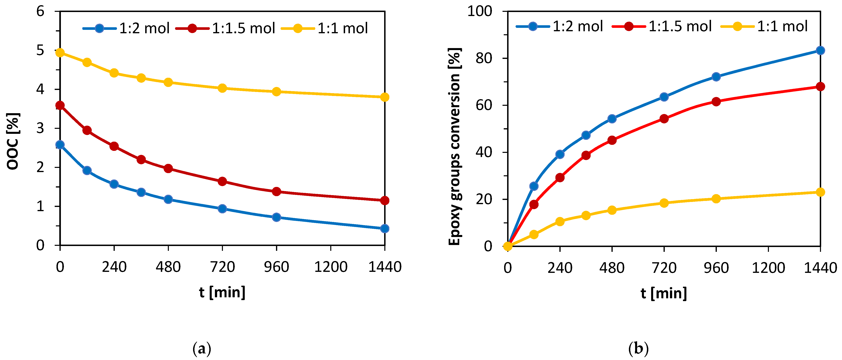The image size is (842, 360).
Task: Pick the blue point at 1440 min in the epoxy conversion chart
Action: (x=820, y=50)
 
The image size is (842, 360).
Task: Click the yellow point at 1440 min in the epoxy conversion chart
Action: (x=820, y=192)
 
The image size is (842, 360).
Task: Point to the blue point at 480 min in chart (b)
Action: (x=612, y=119)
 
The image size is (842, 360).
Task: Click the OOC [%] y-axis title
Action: (x=13, y=141)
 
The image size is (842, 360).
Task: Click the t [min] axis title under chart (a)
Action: (x=222, y=292)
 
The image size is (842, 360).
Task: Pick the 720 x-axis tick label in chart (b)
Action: (x=664, y=268)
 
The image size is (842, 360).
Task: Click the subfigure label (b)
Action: (x=638, y=349)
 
